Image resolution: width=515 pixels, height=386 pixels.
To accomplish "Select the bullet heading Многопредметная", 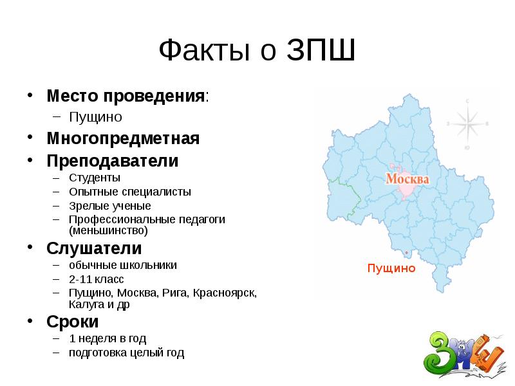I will (x=122, y=138).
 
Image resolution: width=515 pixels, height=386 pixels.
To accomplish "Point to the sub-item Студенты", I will (x=95, y=178).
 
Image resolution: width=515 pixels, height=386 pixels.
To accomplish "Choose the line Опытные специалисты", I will (x=130, y=192).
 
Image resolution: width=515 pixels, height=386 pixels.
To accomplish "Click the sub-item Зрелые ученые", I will (x=110, y=206).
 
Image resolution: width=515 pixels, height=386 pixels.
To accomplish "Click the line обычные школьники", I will (x=123, y=265).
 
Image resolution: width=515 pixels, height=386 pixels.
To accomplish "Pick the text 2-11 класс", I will (x=97, y=279).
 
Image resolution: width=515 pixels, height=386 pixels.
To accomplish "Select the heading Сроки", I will (x=73, y=321).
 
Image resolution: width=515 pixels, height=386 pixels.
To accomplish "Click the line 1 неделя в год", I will (x=108, y=338).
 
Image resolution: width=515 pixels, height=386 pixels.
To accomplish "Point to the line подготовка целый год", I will (x=127, y=353).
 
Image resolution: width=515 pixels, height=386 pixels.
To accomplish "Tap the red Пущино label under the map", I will (x=391, y=268).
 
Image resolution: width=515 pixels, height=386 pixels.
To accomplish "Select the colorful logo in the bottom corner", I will (x=461, y=354).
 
